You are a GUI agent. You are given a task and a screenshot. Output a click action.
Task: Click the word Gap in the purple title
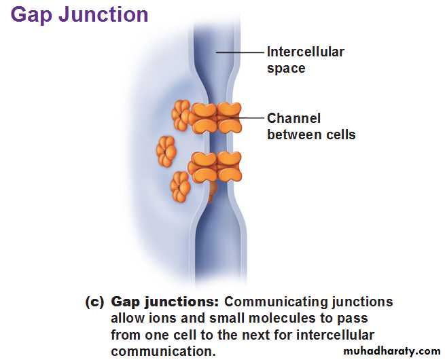[x=31, y=15]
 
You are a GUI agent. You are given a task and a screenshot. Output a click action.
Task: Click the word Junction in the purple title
[x=103, y=14]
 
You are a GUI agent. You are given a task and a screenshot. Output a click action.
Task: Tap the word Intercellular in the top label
[x=306, y=52]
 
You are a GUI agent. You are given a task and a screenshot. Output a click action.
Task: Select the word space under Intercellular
[x=286, y=69]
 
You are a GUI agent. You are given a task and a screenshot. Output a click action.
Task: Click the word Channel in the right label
[x=293, y=118]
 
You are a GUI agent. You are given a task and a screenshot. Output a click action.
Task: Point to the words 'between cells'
[x=311, y=134]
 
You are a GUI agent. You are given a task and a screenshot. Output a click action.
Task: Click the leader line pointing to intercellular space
[x=240, y=52]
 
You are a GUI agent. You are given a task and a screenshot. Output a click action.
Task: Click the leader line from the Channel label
[x=246, y=118]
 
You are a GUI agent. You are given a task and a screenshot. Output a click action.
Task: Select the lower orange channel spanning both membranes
[x=215, y=167]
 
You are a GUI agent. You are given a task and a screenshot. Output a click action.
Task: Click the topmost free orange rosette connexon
[x=181, y=115]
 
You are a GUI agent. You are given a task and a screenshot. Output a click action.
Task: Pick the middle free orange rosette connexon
[x=166, y=151]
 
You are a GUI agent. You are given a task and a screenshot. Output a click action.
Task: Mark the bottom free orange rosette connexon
[x=180, y=187]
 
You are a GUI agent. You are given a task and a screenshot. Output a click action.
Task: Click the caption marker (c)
[x=94, y=302]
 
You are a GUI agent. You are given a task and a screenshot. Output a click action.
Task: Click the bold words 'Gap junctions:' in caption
[x=165, y=302]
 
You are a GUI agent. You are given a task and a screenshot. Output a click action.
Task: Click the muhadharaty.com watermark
[x=392, y=351]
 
